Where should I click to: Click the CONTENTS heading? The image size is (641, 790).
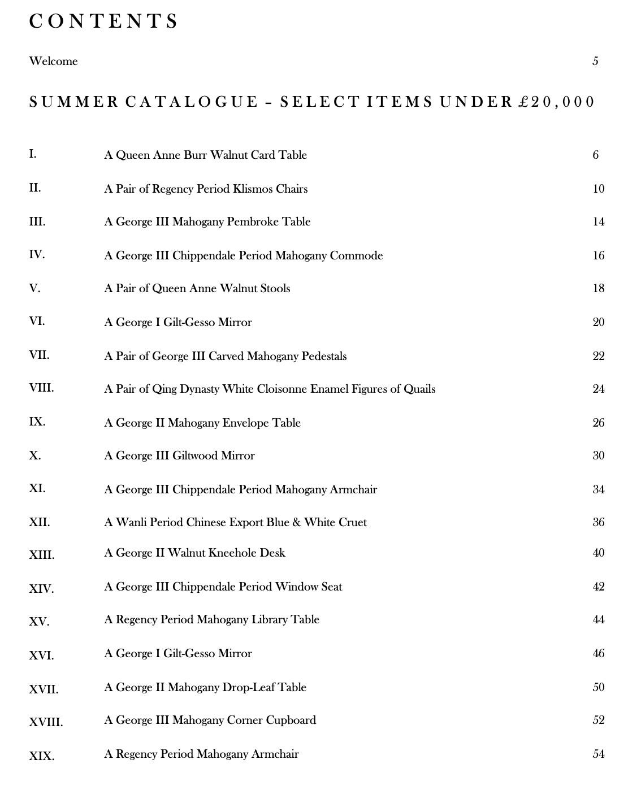click(x=104, y=21)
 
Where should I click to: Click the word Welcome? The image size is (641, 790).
click(x=53, y=61)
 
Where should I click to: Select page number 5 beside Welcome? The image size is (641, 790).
click(x=595, y=61)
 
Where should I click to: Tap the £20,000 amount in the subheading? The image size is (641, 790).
click(x=557, y=102)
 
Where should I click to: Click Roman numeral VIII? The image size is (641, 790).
click(x=41, y=388)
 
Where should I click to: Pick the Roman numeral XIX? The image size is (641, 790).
click(x=41, y=756)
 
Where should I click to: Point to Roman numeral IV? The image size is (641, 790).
click(x=37, y=255)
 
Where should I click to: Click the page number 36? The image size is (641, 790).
click(x=599, y=522)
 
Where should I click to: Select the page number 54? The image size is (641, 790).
click(x=599, y=754)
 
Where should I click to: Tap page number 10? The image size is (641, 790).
click(x=599, y=189)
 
